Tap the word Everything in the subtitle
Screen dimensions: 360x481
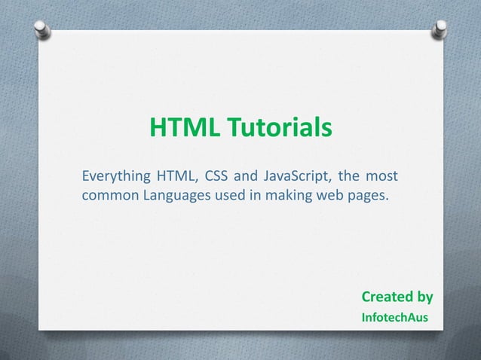click(115, 178)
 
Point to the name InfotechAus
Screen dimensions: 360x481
click(395, 318)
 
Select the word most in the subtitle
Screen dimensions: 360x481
click(381, 178)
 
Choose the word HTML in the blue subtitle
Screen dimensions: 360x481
click(175, 178)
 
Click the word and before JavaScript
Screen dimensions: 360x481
click(245, 178)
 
